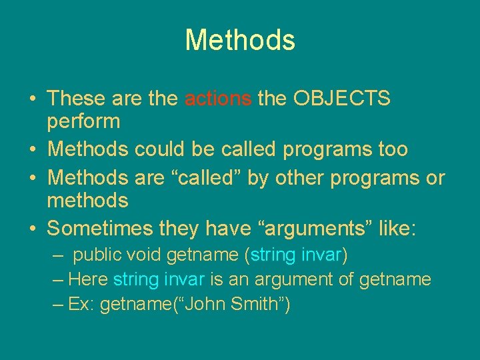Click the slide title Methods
pyautogui.click(x=240, y=40)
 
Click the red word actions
pyautogui.click(x=218, y=99)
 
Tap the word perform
pyautogui.click(x=84, y=122)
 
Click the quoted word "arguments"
pyautogui.click(x=303, y=229)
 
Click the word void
pyautogui.click(x=145, y=255)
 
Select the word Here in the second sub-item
pyautogui.click(x=89, y=279)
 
